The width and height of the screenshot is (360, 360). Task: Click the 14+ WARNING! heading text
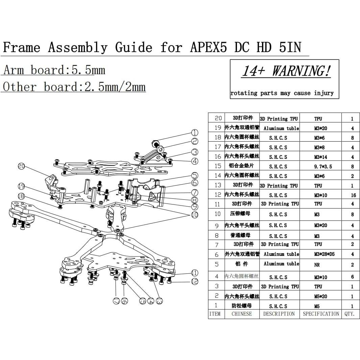point(286,71)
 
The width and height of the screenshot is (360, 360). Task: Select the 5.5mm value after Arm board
point(88,70)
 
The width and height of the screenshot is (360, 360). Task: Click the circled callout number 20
point(22,166)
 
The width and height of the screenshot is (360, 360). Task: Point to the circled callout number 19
point(22,186)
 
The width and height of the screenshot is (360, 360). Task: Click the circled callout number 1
point(195,133)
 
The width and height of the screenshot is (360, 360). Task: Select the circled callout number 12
point(195,281)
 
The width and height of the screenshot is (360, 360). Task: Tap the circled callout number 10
point(195,215)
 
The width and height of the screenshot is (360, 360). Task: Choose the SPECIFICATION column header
point(321,314)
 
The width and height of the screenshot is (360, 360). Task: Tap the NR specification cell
point(317,265)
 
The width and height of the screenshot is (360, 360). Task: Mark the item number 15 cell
point(218,166)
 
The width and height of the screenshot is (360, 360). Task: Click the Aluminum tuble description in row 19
point(281,128)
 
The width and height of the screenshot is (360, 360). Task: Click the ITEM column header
point(215,314)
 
